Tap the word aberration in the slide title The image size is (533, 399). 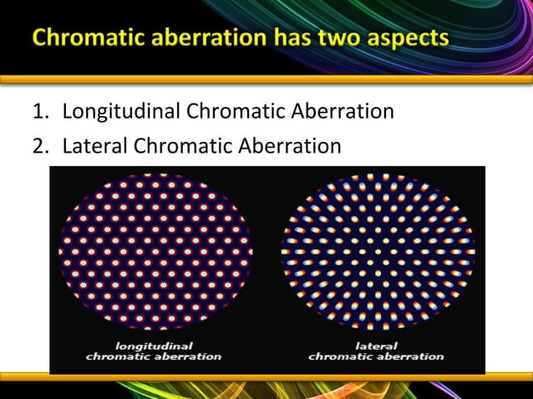(x=216, y=38)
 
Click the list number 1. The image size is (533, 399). (x=38, y=111)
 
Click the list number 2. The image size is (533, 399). (x=38, y=146)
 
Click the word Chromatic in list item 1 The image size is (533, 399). (x=231, y=111)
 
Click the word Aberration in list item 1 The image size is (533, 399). (x=342, y=111)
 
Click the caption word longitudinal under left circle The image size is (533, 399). (x=154, y=344)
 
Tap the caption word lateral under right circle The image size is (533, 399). (x=376, y=344)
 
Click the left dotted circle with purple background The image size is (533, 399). (x=155, y=252)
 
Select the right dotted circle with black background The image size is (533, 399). (x=378, y=252)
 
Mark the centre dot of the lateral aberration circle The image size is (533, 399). (x=378, y=251)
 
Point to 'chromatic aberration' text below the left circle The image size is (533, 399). (x=154, y=356)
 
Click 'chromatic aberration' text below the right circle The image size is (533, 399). (x=376, y=356)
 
